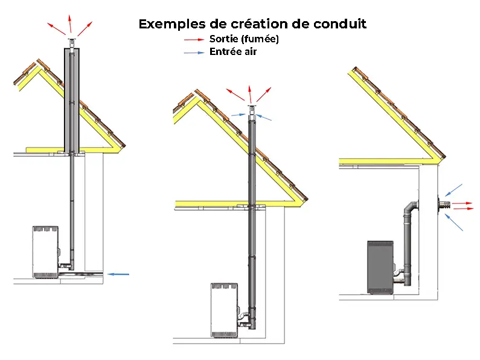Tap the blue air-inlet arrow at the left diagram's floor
tap(119, 274)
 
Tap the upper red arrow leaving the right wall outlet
tap(463, 203)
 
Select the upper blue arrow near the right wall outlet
tap(454, 189)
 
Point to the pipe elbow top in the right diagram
tap(411, 204)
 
